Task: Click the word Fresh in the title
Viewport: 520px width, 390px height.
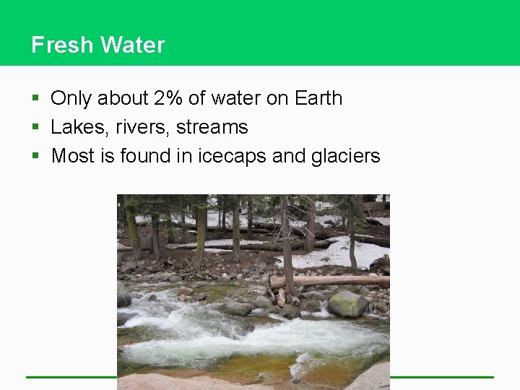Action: click(62, 45)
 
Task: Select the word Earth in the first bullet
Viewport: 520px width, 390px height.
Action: click(318, 98)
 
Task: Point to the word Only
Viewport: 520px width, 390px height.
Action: click(71, 98)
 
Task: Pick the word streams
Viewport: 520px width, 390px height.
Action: click(212, 127)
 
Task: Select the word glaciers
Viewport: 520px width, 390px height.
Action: click(346, 156)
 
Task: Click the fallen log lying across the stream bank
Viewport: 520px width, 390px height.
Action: click(329, 280)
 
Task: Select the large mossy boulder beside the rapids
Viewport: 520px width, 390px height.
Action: click(347, 304)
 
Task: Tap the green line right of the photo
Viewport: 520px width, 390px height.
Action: click(441, 376)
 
